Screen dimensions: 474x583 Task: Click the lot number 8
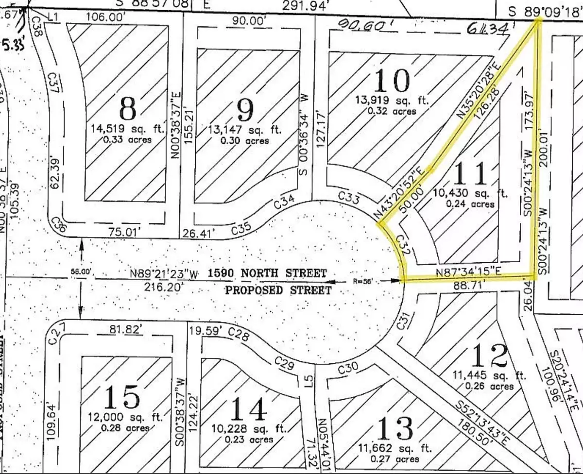click(128, 109)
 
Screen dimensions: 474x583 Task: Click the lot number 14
click(248, 409)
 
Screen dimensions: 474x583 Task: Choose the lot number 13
click(395, 428)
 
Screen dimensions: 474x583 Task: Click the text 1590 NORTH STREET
click(267, 273)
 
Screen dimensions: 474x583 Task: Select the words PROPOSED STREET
click(278, 290)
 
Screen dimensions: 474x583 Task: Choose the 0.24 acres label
click(470, 204)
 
